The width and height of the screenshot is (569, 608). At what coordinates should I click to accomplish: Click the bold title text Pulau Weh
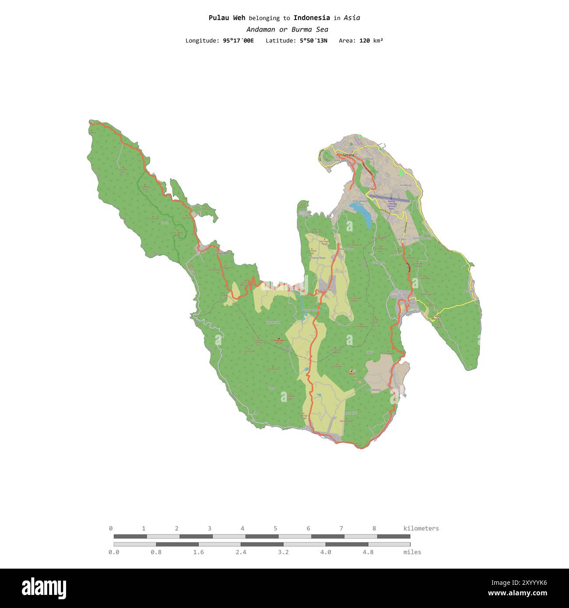click(x=227, y=18)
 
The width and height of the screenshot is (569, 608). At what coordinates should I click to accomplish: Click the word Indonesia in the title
click(x=312, y=18)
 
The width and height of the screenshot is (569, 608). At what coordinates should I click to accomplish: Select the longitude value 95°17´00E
click(x=238, y=41)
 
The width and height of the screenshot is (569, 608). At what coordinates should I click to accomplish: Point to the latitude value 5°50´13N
click(x=313, y=41)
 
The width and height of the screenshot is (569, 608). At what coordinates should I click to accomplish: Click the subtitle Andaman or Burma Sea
click(x=287, y=29)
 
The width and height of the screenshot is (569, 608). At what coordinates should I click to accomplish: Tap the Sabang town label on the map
click(x=348, y=155)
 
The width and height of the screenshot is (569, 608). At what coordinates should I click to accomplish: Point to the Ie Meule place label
click(x=405, y=185)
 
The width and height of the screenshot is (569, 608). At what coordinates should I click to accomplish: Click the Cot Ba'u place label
click(x=401, y=239)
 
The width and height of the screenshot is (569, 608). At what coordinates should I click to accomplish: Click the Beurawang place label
click(x=373, y=389)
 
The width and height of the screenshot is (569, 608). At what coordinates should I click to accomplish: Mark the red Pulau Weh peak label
click(x=278, y=341)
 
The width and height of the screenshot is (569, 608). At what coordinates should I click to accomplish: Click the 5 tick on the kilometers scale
click(x=275, y=528)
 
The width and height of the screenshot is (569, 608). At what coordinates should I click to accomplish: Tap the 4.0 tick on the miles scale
click(x=326, y=552)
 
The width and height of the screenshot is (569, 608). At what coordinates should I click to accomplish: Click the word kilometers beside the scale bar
click(x=421, y=528)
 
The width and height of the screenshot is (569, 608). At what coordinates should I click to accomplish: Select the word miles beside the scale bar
click(x=412, y=552)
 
